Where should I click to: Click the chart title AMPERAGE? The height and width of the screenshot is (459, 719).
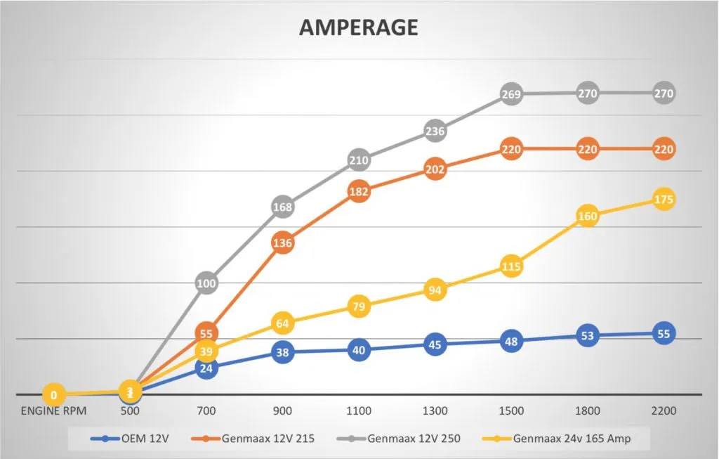[x=358, y=27]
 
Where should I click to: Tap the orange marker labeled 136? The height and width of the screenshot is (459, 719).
[x=282, y=243]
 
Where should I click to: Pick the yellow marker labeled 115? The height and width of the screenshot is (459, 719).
[x=511, y=266]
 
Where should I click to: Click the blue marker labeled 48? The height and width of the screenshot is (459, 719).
[x=511, y=342]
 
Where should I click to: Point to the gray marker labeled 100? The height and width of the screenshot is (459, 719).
[x=206, y=284]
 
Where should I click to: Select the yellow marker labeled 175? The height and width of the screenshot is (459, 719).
[x=663, y=200]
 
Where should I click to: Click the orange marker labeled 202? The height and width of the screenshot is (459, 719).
[x=435, y=170]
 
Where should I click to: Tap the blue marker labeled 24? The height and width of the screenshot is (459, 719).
[x=206, y=367]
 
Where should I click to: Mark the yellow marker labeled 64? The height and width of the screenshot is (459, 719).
[x=282, y=323]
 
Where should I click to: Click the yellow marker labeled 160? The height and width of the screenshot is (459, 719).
[x=587, y=216]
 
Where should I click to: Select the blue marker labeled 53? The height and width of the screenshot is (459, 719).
[x=587, y=336]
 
